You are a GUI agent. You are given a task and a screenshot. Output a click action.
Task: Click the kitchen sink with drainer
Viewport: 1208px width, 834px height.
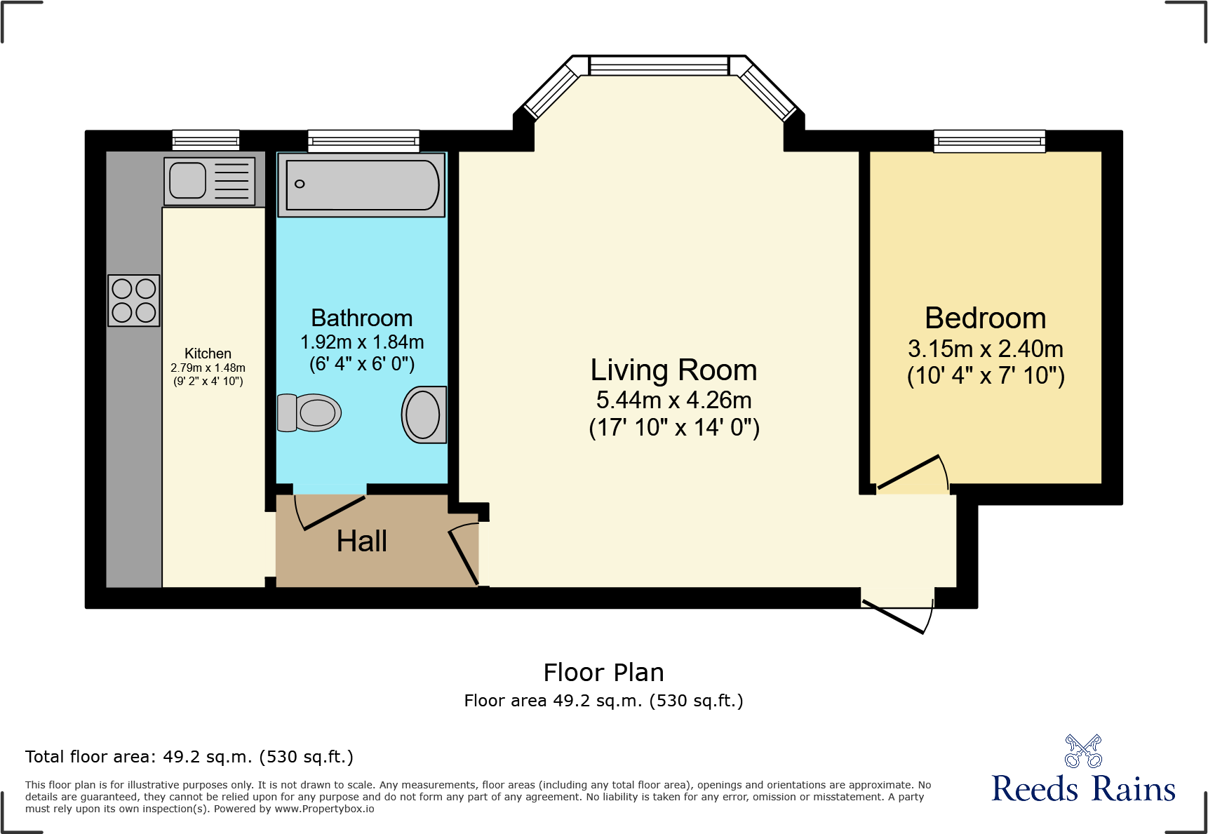tap(209, 180)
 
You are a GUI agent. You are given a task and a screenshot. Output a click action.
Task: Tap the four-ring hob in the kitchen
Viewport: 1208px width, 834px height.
tap(134, 300)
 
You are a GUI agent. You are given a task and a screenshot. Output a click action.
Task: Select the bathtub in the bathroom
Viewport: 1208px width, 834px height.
tap(362, 185)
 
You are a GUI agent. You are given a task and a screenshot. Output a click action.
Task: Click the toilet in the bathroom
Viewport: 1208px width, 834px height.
tap(309, 412)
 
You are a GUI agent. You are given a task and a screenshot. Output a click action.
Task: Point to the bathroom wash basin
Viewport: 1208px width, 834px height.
tap(424, 415)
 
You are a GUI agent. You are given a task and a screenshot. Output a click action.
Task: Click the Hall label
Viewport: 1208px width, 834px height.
tap(362, 541)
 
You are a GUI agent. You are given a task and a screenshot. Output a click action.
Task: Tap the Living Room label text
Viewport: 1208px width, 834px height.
tap(673, 370)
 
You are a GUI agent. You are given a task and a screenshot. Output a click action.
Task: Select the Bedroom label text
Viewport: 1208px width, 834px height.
tap(985, 318)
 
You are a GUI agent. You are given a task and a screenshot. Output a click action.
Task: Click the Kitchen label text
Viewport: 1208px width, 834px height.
tap(208, 354)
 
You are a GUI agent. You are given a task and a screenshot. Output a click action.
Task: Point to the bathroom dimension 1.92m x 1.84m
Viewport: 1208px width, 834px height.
tap(362, 342)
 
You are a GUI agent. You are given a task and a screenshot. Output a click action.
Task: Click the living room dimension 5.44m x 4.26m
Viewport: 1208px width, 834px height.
tap(673, 400)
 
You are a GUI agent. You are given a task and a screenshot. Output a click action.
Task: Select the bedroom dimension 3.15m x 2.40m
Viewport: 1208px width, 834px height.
tap(985, 349)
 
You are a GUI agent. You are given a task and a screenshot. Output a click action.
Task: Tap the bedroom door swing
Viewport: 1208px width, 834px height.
tap(912, 474)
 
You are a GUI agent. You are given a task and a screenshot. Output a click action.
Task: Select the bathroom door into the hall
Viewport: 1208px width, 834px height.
tap(330, 511)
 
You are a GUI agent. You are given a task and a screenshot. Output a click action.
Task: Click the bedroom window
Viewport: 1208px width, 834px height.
tap(989, 141)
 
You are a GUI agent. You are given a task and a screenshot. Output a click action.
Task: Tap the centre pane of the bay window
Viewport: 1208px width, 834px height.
tap(659, 66)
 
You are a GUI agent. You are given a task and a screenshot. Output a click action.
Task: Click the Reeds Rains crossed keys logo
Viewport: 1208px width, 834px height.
tap(1083, 751)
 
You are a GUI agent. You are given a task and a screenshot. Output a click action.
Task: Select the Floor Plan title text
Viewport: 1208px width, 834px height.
tap(603, 672)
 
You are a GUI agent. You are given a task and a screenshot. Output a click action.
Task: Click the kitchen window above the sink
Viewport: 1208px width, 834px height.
tap(206, 140)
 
